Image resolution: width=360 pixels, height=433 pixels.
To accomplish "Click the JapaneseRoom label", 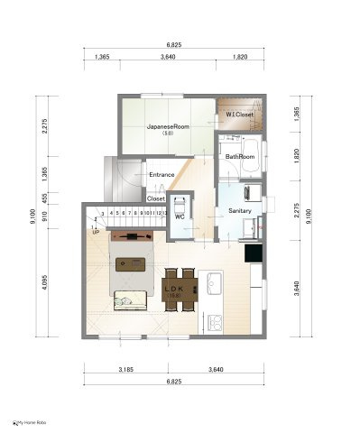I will [x=166, y=127].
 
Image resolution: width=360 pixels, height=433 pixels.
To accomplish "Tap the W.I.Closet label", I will [x=239, y=115].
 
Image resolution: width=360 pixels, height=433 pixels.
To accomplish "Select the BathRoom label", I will [x=240, y=156].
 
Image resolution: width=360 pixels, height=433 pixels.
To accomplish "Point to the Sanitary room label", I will [x=239, y=210].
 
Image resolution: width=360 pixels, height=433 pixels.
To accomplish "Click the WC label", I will [x=179, y=217].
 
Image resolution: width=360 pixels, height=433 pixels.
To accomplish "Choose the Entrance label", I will [x=161, y=174].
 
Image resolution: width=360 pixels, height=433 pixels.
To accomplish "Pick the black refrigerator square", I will [x=256, y=253].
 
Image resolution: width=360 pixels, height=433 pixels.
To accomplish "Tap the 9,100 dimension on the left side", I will [x=33, y=214].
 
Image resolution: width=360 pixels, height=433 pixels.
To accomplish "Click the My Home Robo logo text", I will [x=30, y=422].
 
